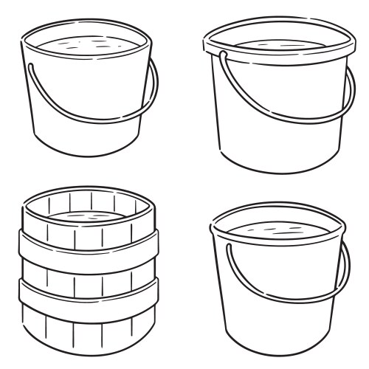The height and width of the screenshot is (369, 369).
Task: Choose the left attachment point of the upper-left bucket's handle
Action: [31, 66]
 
